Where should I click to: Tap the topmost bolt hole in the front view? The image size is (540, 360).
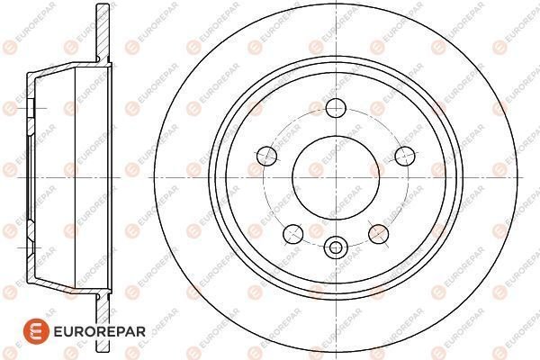click(x=336, y=108)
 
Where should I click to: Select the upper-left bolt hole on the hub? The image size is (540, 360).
click(x=267, y=156)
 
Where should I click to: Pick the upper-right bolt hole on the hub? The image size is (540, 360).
click(x=405, y=156)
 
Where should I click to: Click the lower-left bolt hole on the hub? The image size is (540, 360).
click(x=293, y=234)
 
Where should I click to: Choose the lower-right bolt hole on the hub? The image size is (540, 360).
click(x=379, y=234)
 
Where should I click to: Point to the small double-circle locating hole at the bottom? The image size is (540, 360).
click(x=336, y=247)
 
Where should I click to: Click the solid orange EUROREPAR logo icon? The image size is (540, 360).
click(x=37, y=331)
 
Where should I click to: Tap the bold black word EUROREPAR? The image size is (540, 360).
click(x=100, y=332)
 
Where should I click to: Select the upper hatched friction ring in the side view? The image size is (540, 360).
click(x=103, y=32)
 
